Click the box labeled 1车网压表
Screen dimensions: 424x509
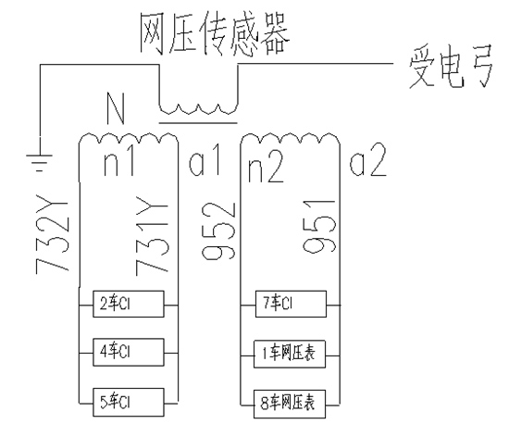(x=289, y=353)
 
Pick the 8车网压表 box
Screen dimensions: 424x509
(x=289, y=403)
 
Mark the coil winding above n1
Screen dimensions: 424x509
(x=129, y=139)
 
